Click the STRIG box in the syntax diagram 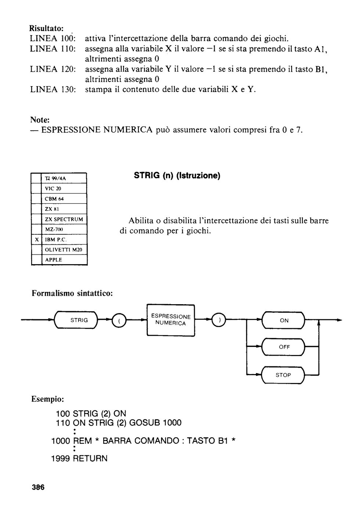76,320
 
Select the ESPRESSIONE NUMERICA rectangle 170,320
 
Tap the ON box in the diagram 283,320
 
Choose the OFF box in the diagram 283,347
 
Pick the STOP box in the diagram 283,375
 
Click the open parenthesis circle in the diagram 119,320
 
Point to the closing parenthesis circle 219,320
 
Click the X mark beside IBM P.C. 37,239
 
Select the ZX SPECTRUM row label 64,219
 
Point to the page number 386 38,487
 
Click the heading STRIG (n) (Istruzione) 177,176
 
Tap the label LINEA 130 53,89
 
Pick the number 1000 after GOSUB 172,423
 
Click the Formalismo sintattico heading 72,293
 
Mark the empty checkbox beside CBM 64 36,199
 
